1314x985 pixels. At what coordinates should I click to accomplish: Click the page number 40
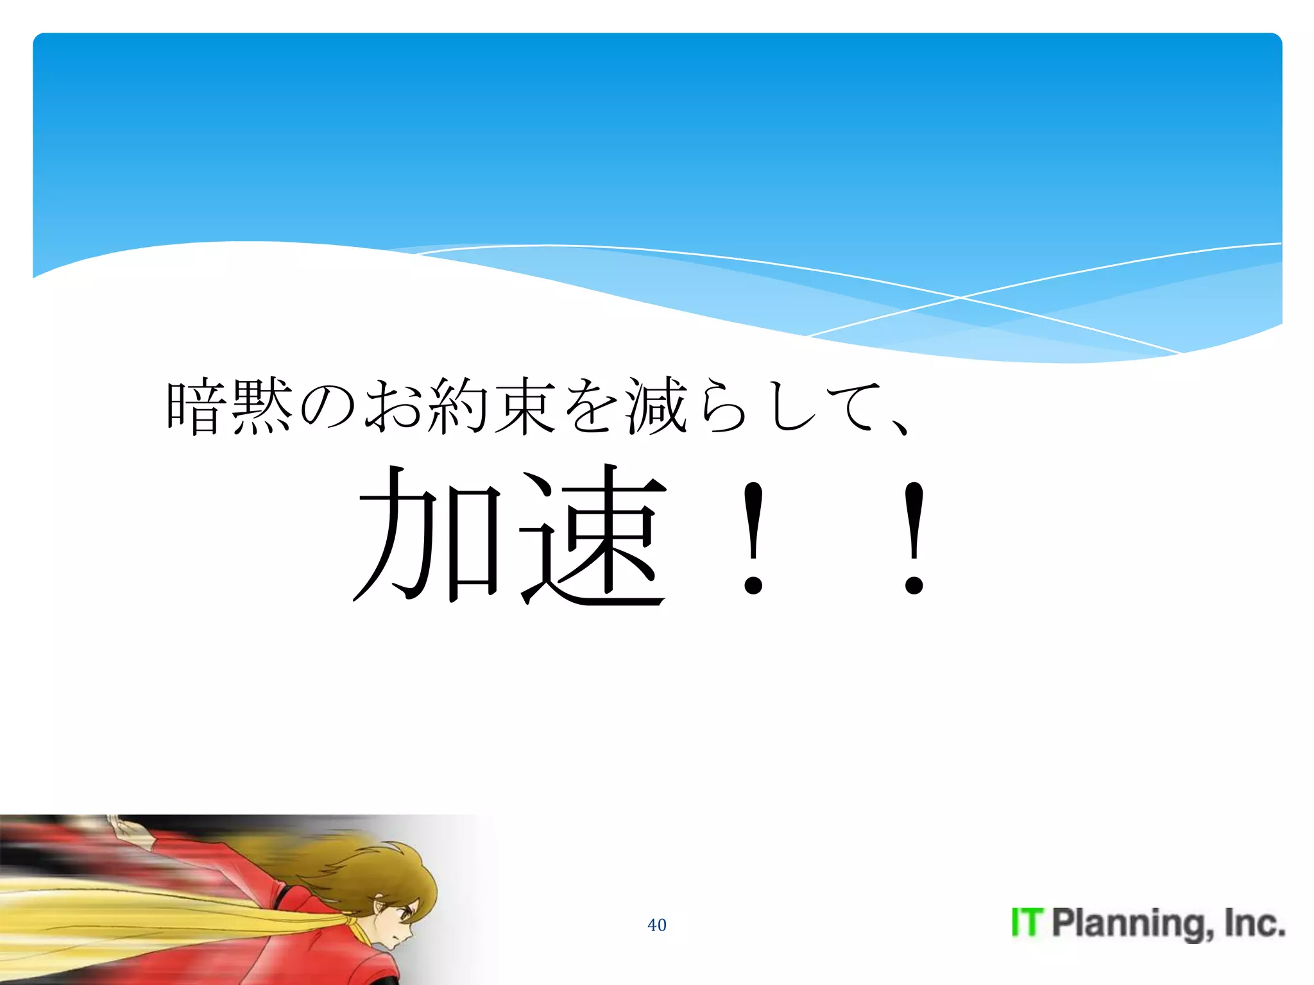click(656, 925)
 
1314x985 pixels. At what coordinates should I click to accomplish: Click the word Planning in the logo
click(1129, 924)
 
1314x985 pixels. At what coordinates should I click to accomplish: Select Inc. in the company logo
click(1254, 923)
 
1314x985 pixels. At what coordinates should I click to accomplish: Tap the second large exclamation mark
click(914, 539)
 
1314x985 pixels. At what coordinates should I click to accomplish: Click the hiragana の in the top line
click(327, 407)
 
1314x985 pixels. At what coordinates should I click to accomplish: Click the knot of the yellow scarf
click(352, 923)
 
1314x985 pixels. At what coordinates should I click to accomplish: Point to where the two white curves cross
click(960, 298)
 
